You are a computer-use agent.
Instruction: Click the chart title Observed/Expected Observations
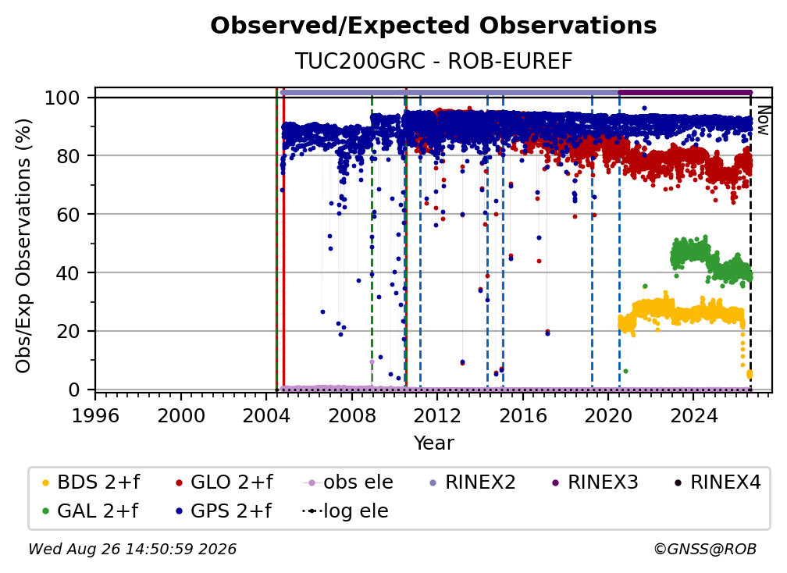433,26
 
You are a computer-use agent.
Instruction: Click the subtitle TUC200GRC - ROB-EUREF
433,61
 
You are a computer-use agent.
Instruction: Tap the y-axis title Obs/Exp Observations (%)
23,246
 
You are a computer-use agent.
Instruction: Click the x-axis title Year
433,443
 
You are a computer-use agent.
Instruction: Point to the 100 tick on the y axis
62,98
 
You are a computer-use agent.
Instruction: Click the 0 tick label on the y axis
74,390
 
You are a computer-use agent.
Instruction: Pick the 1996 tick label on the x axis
95,416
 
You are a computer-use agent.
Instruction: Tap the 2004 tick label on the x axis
266,416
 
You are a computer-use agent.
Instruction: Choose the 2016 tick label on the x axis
522,416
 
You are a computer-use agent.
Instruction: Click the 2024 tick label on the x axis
693,416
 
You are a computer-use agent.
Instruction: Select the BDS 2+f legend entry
91,482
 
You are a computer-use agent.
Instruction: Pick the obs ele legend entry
348,482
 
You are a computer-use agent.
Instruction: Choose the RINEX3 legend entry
595,482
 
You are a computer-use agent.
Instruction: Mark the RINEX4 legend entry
718,482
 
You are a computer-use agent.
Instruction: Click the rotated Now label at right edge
763,120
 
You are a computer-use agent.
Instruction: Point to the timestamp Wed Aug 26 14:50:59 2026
133,549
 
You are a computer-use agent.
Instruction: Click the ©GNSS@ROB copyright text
705,549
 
